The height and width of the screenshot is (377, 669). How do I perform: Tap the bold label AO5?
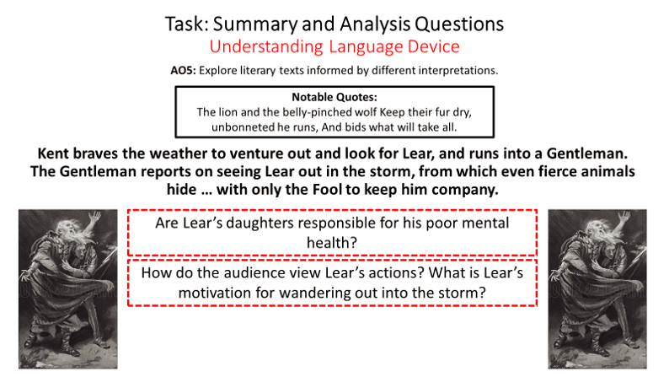coord(183,70)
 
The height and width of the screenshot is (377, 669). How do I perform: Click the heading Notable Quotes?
coord(334,97)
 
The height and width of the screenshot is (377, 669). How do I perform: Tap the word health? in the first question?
coord(332,243)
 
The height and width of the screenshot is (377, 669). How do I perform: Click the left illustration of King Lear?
coord(68,289)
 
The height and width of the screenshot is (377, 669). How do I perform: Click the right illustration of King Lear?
coord(597,289)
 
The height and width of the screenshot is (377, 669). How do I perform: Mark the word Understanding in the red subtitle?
coord(266,47)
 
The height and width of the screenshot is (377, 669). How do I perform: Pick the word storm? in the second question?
coord(463,293)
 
